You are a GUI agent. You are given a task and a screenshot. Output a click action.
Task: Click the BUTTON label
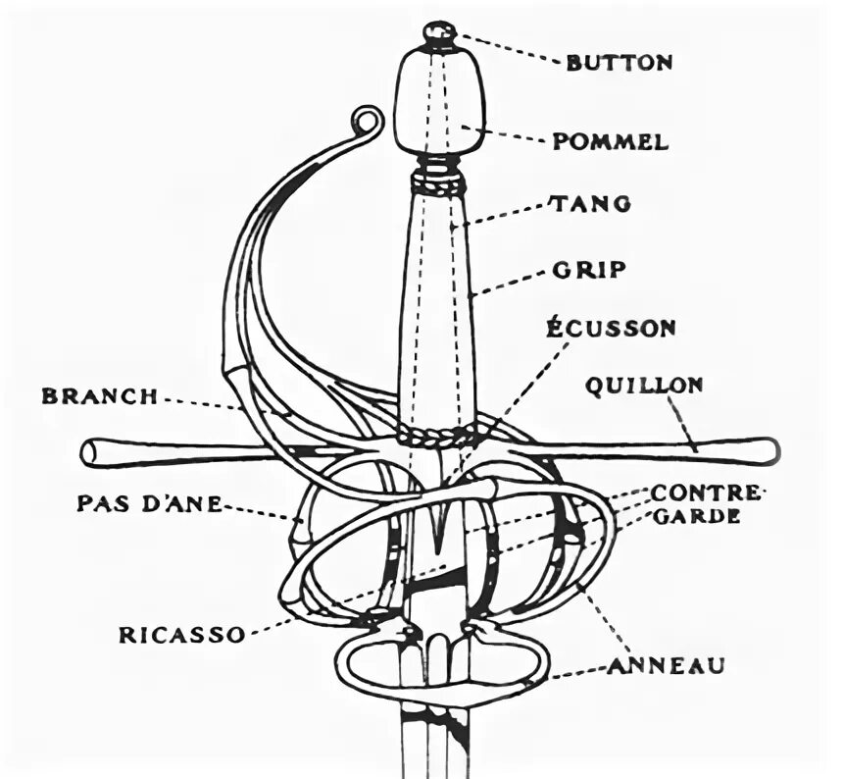[x=619, y=62]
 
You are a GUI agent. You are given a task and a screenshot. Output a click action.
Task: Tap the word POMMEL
[x=610, y=141]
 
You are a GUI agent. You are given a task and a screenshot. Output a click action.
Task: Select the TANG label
[x=591, y=204]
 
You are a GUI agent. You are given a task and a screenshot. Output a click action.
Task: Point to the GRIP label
[x=590, y=268]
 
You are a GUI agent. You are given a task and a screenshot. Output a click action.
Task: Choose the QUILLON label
[x=644, y=385]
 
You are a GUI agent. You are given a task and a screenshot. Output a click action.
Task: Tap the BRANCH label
[x=99, y=396]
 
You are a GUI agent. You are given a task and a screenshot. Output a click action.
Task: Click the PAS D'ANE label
[x=148, y=503]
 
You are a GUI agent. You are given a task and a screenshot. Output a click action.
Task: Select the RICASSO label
[x=181, y=634]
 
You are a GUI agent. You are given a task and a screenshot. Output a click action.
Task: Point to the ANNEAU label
[x=666, y=666]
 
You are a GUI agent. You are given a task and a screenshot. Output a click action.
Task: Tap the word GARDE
[x=698, y=516]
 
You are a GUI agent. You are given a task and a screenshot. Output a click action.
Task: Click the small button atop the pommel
[x=440, y=35]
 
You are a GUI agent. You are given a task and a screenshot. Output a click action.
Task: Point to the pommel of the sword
[x=440, y=101]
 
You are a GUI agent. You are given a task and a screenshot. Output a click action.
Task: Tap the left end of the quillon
[x=92, y=452]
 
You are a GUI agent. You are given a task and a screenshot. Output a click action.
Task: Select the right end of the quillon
[x=769, y=450]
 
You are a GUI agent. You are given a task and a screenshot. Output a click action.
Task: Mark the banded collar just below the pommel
[x=437, y=180]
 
